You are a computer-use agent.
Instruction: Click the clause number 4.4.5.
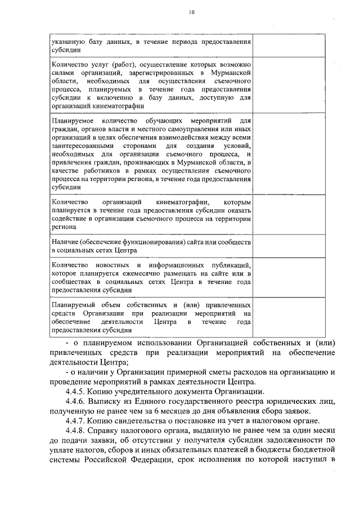coord(76,391)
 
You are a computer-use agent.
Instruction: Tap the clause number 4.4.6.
coord(76,402)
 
